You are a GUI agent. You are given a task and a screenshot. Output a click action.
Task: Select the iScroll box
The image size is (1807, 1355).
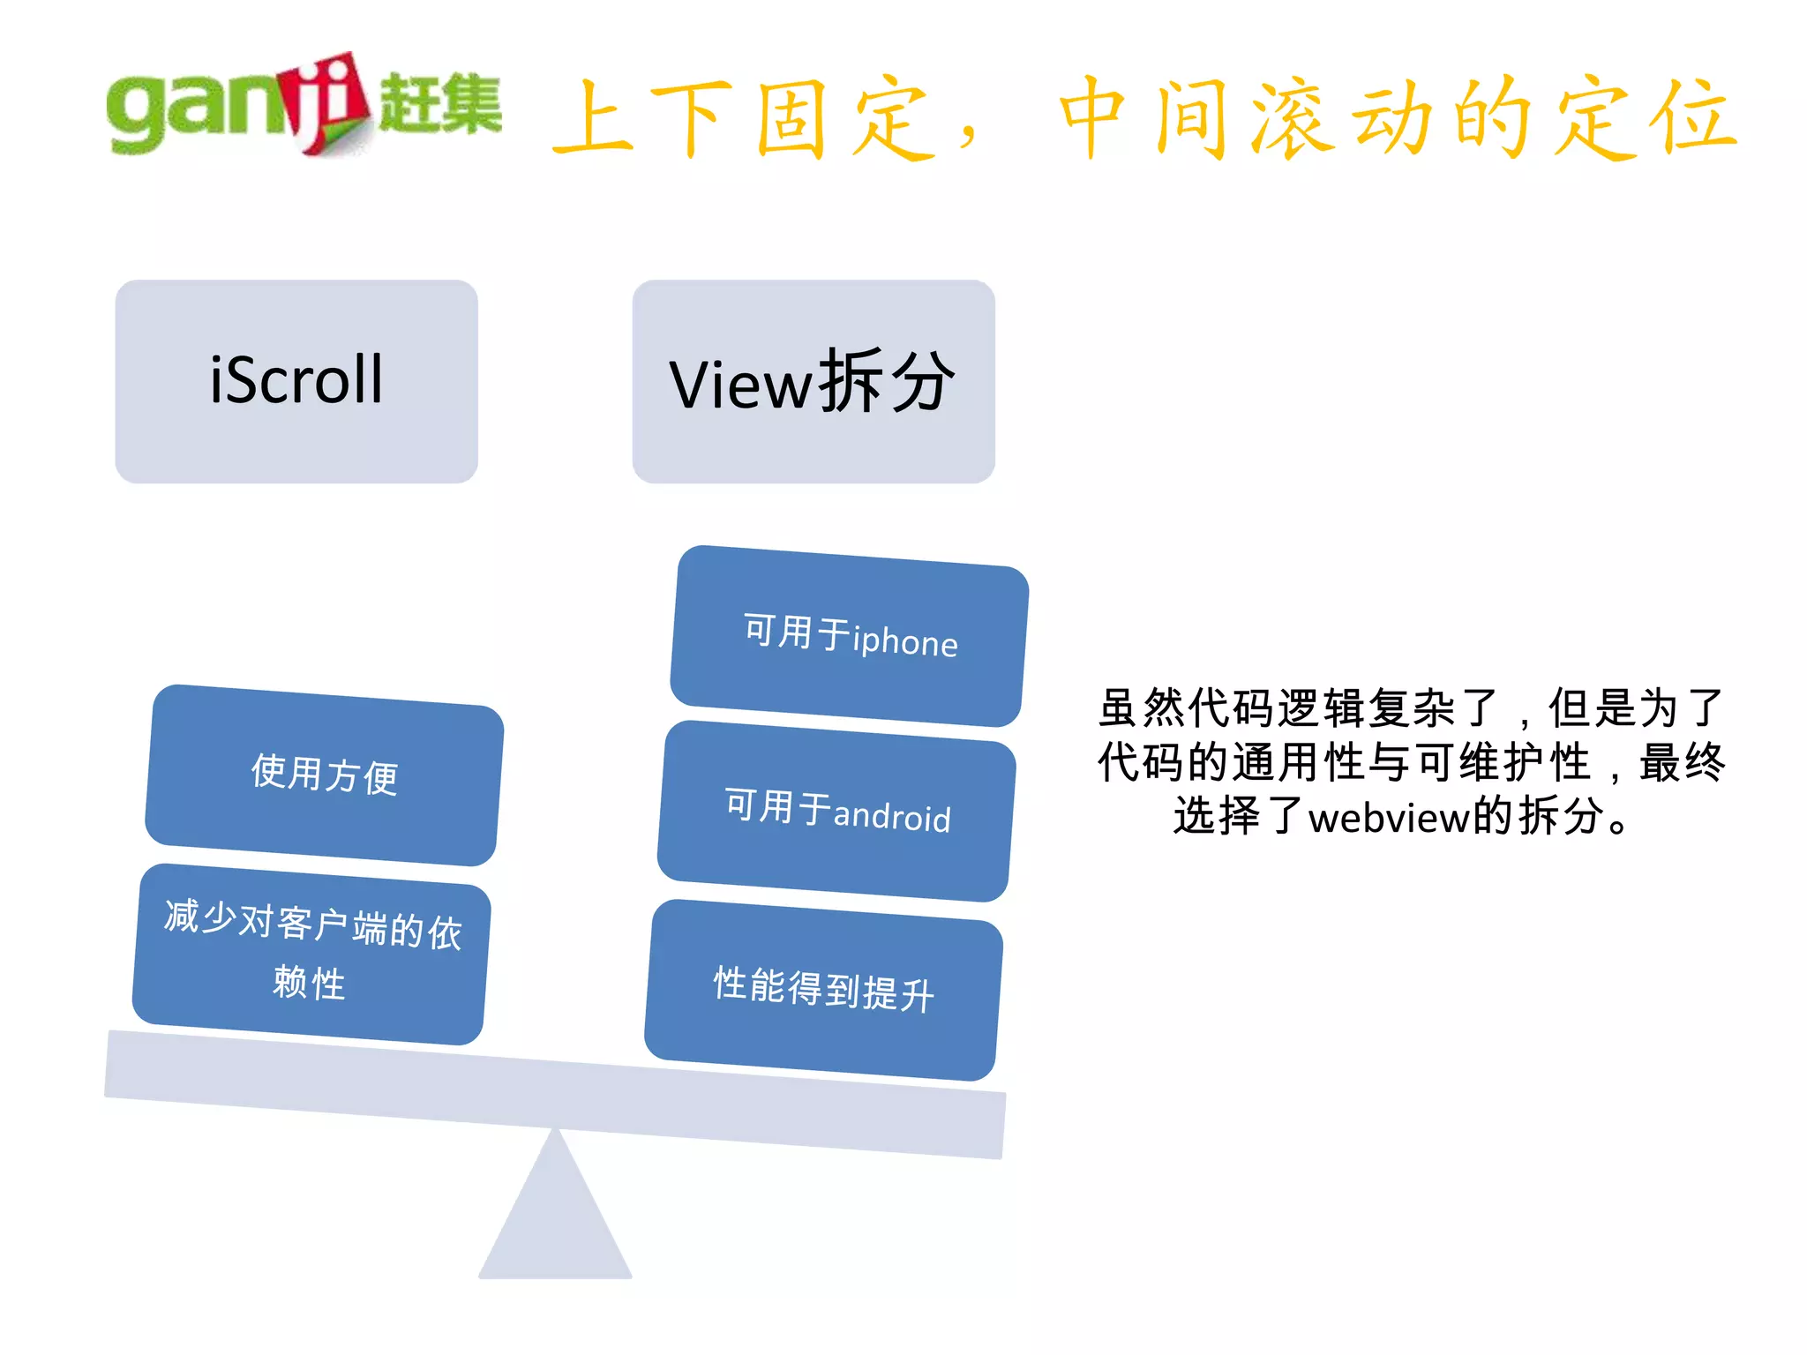coord(296,381)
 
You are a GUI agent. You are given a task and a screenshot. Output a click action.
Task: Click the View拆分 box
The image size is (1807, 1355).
coord(813,381)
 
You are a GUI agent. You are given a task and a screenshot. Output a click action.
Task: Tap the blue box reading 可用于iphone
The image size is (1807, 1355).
coord(849,636)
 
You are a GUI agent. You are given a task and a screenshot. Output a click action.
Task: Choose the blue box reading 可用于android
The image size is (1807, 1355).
coord(836,811)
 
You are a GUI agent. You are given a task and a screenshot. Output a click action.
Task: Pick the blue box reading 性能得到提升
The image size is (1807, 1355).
coord(823,989)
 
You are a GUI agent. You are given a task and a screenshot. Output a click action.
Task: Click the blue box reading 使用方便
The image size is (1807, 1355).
coord(324,775)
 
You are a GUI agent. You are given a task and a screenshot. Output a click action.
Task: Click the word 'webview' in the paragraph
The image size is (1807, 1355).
coord(1389,818)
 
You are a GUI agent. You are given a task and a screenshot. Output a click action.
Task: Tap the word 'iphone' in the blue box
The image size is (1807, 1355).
coord(905,641)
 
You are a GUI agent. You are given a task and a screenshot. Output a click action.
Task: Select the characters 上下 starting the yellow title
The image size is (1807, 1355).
coord(642,119)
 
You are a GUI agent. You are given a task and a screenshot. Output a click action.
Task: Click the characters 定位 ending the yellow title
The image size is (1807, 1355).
coord(1643,119)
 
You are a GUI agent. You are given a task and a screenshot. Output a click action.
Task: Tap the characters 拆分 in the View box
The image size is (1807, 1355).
coord(887,381)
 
